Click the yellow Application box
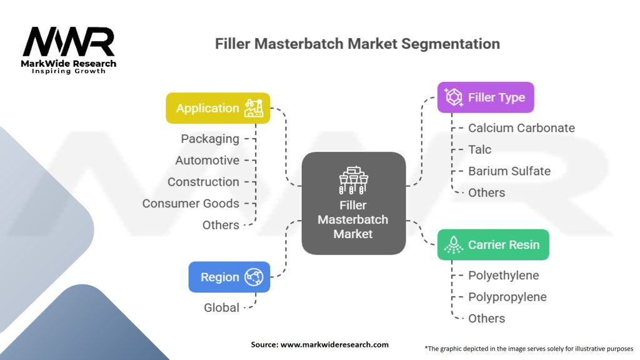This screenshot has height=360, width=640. click(x=217, y=108)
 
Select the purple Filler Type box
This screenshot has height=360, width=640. click(x=485, y=97)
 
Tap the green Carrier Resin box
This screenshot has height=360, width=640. click(x=492, y=244)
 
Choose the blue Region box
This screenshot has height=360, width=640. click(x=229, y=277)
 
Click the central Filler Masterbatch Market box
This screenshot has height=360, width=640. click(x=353, y=203)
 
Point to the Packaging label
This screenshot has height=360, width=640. click(x=210, y=139)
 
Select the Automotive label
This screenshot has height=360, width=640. click(x=207, y=160)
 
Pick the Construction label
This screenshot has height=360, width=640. click(x=203, y=182)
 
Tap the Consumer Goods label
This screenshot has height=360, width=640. click(x=191, y=203)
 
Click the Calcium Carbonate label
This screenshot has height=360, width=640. click(x=521, y=127)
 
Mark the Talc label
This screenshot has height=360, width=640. click(x=479, y=149)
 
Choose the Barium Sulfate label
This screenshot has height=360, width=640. click(x=509, y=171)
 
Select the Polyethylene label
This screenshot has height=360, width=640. click(x=503, y=275)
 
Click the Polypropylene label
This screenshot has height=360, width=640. click(x=507, y=297)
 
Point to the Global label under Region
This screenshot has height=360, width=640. click(x=221, y=307)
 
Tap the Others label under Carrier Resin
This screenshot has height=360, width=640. click(x=486, y=318)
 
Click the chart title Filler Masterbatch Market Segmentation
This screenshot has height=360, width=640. click(x=357, y=44)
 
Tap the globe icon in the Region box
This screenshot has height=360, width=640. click(x=254, y=277)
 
